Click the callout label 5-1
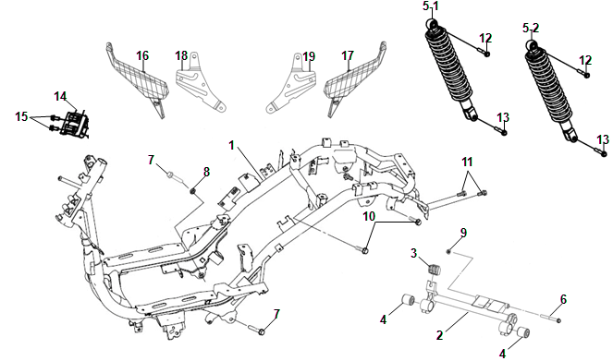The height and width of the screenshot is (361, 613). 431,6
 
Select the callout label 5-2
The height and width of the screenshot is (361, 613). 531,28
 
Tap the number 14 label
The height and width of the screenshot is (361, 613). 60,96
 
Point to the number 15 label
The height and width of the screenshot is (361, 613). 21,116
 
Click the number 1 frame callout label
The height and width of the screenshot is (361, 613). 231,146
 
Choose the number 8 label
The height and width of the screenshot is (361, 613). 206,172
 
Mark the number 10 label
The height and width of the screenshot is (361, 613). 369,216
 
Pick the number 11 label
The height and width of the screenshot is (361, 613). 467,162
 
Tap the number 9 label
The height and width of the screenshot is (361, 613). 463,233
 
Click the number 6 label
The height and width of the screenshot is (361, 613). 563,299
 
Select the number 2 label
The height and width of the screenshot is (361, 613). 440,335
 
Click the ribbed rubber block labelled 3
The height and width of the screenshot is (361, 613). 433,270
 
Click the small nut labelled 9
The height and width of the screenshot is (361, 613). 448,252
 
